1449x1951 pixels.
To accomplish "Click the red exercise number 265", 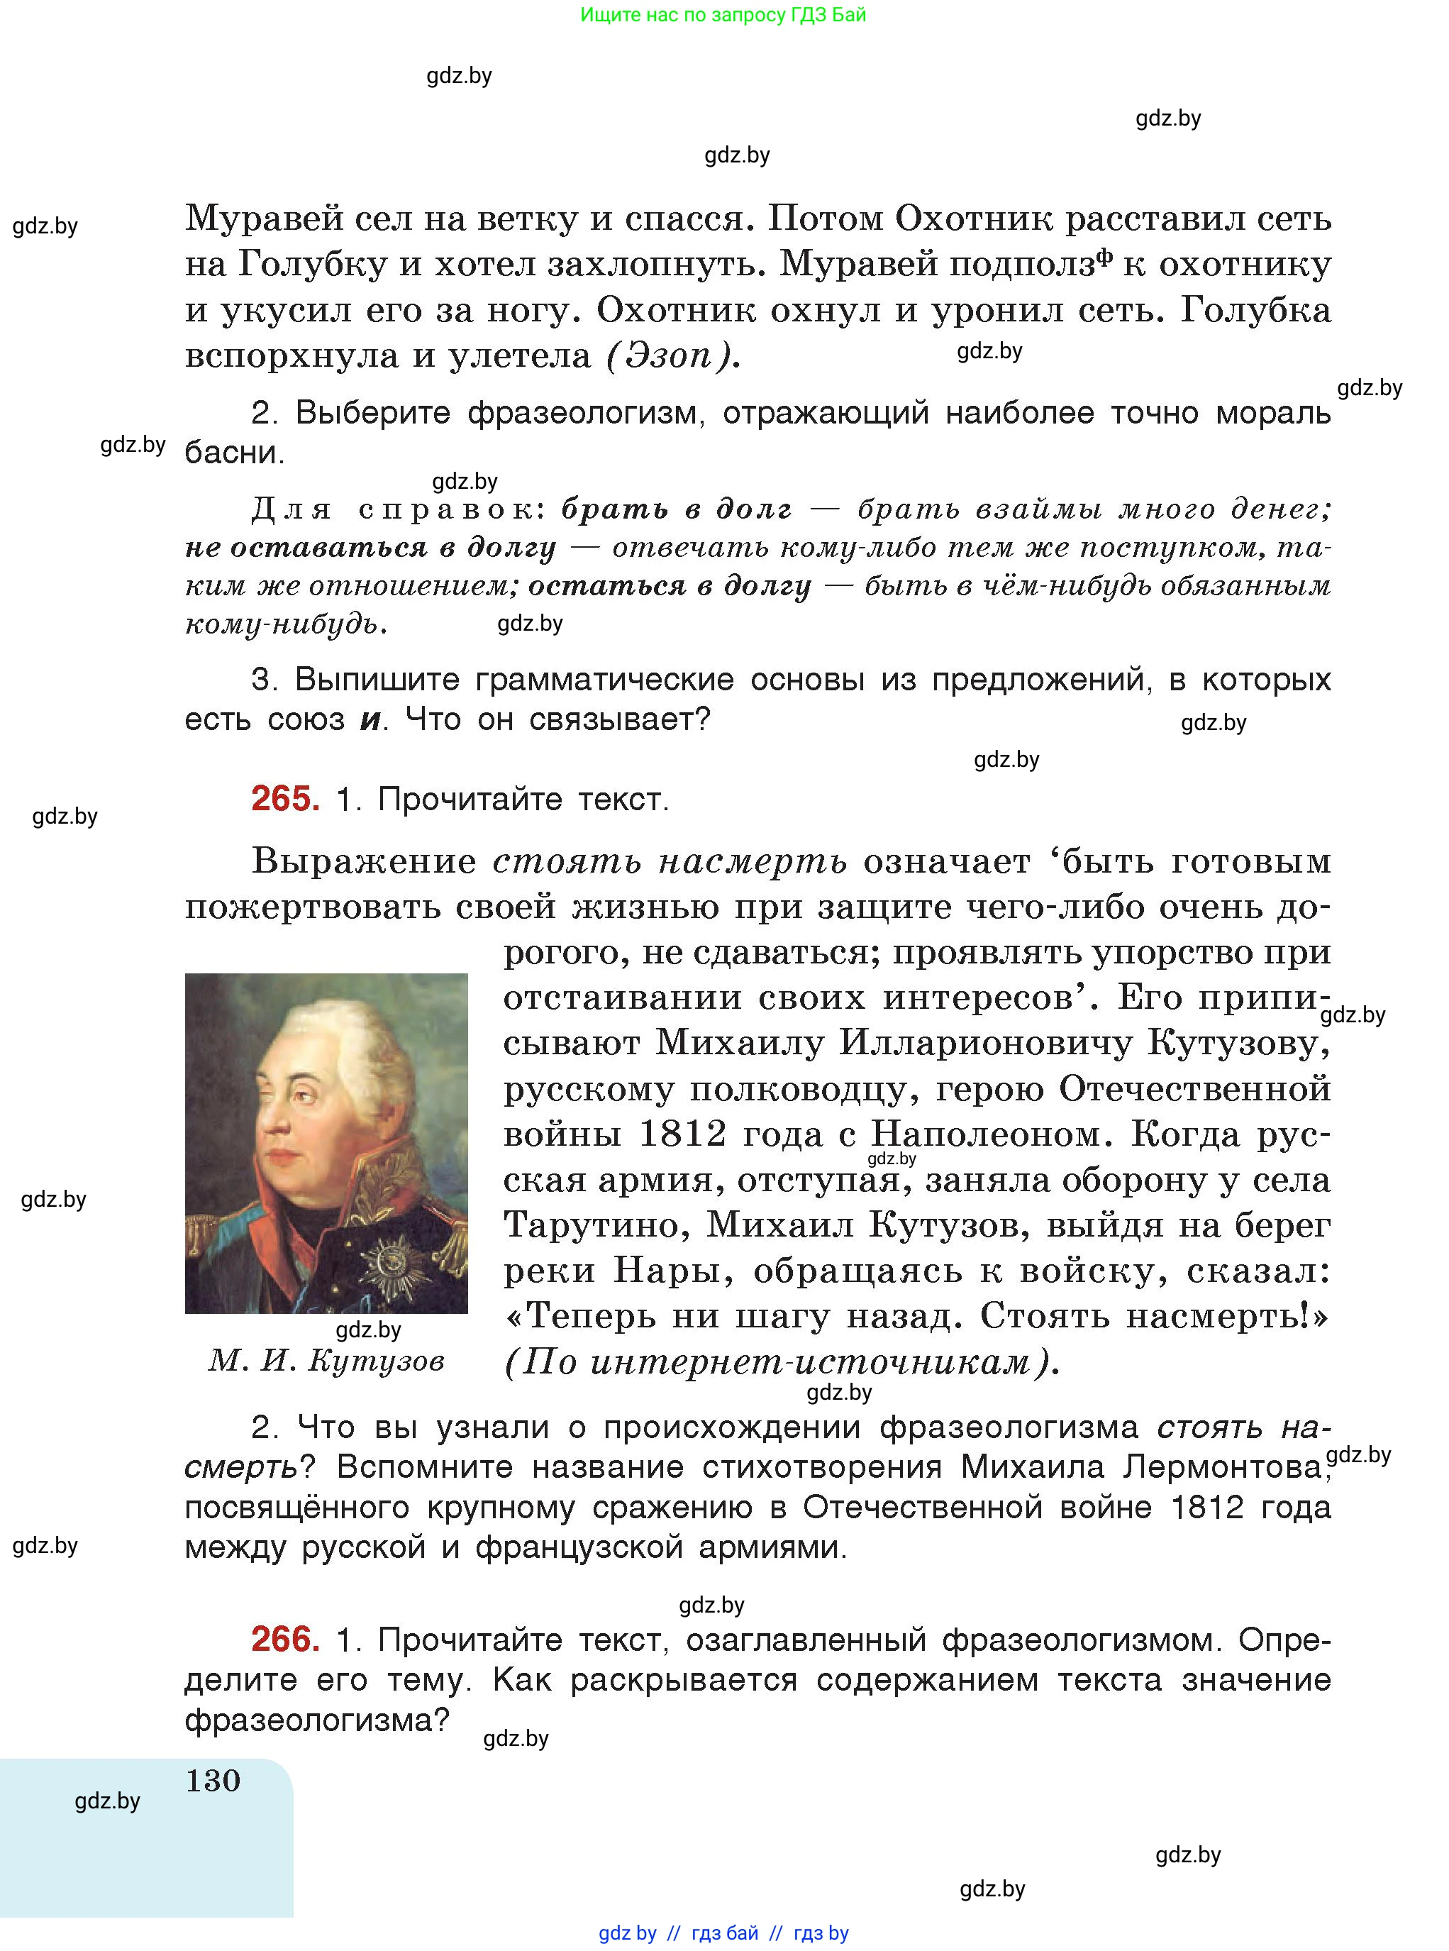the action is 285,799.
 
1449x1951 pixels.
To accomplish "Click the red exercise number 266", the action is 285,1639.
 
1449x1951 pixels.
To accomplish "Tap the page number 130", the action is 213,1780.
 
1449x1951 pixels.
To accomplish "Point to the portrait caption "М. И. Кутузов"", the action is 326,1361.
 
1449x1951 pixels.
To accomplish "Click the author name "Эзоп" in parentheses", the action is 668,356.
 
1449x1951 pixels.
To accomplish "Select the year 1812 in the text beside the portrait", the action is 682,1134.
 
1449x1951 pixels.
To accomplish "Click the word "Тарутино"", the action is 596,1225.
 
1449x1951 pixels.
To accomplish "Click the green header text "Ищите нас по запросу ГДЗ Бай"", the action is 723,15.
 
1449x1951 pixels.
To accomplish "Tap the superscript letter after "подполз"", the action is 1104,256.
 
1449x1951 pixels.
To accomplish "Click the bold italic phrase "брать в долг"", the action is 676,509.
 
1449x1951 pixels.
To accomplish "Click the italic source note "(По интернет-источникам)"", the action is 782,1362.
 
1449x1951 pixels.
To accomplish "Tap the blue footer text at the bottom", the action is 723,1933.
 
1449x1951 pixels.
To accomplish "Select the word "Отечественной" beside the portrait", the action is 1194,1089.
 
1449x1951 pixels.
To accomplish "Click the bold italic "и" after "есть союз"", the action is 371,720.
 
